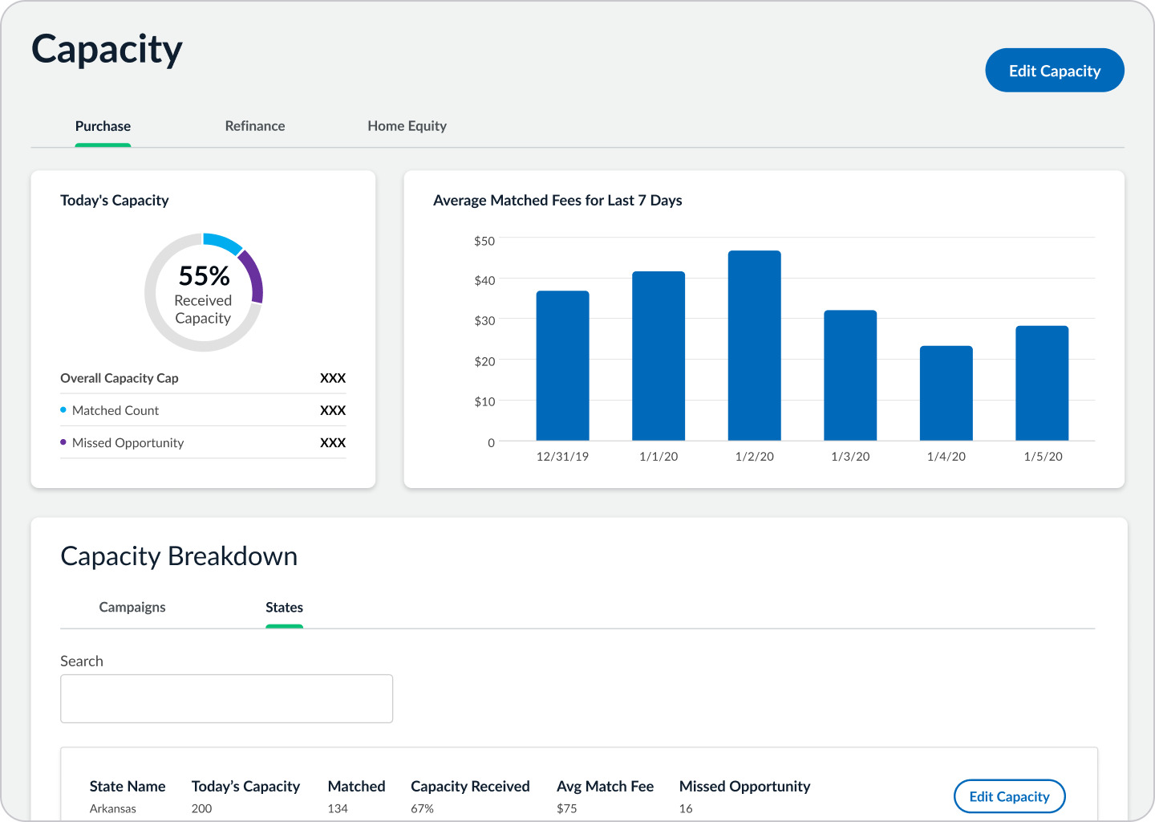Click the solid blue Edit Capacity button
point(1055,70)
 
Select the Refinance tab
point(255,126)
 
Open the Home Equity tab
point(407,126)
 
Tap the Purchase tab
point(103,126)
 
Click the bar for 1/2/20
point(754,346)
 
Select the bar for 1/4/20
point(946,393)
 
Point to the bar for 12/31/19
point(562,366)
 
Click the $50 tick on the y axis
point(484,241)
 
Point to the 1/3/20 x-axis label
point(850,457)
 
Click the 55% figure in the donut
point(205,275)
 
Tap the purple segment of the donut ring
point(253,275)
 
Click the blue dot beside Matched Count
point(63,410)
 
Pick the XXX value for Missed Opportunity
point(333,443)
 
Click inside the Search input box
point(226,698)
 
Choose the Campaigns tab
point(132,607)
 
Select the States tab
point(284,608)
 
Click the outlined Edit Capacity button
point(1009,796)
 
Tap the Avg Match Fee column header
point(605,787)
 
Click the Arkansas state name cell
point(113,808)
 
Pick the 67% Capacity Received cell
point(422,808)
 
